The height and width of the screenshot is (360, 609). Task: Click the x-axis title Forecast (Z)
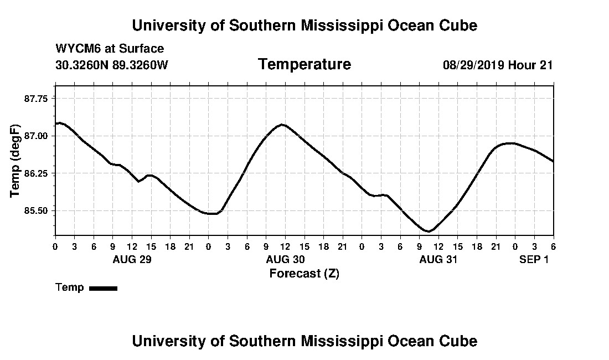pos(304,273)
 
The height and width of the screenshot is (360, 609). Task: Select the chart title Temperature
pos(304,64)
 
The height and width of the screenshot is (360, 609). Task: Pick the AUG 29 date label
pos(132,259)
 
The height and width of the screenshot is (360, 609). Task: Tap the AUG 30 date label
pos(285,259)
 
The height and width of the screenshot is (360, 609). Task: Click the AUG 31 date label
pos(438,259)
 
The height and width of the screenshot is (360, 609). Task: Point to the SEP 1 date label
pos(534,259)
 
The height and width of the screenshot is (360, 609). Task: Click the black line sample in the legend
pos(103,288)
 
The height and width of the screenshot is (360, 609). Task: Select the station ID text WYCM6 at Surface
pos(110,49)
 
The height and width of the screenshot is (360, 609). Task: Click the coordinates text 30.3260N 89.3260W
pos(111,65)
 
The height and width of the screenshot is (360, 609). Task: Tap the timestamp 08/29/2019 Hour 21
pos(498,65)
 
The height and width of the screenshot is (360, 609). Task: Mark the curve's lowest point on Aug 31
pos(428,232)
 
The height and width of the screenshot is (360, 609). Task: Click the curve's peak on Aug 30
pos(282,124)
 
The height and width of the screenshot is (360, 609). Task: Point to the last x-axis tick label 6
pos(553,246)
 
